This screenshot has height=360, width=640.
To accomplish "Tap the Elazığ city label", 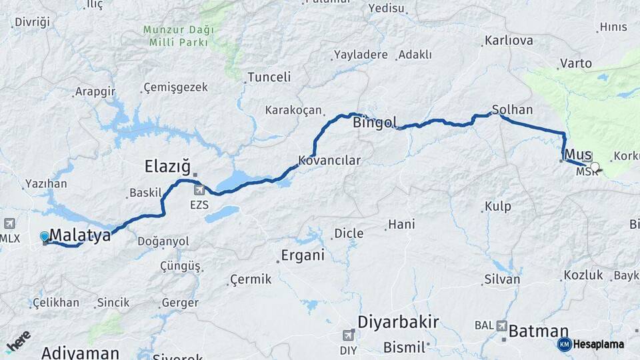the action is [168, 165].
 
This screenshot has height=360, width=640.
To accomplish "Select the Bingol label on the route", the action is [375, 123].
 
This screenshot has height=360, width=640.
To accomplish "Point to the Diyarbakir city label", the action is [398, 322].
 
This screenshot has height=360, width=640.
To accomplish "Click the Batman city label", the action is [539, 331].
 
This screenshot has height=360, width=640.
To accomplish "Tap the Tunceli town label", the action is [269, 77].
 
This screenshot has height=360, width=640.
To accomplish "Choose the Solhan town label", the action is [512, 109].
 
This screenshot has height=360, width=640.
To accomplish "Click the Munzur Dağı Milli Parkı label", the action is [178, 36].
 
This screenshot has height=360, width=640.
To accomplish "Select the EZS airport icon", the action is [199, 191].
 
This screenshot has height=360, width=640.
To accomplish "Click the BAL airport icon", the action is [501, 325].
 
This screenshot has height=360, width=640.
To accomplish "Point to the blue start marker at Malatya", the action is [45, 237].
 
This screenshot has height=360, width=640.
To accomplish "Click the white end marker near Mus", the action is [595, 167].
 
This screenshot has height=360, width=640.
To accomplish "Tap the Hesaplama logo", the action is [591, 344].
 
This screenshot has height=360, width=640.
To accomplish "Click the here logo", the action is [18, 341].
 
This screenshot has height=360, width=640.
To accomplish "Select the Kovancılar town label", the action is [329, 161].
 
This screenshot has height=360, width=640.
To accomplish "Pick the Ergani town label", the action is [303, 255].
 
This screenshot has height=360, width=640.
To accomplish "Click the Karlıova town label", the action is [509, 41].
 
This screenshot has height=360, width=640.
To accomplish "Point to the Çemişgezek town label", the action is [175, 87].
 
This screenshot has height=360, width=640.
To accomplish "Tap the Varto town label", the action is [576, 63].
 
